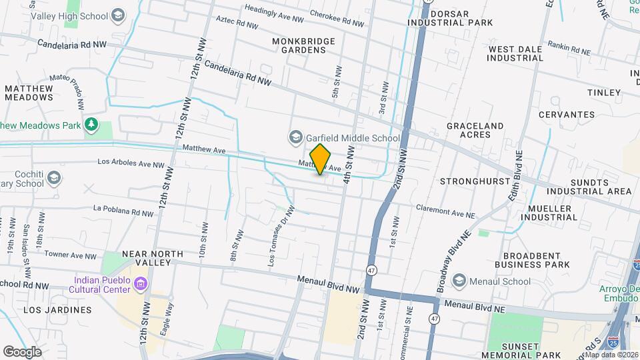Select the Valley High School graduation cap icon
coord(117,15)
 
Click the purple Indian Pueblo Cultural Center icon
coord(141,285)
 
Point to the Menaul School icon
coord(459,281)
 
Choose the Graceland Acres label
coord(475,130)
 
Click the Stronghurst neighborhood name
coord(470,181)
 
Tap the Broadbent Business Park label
coord(536,260)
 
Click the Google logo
coord(22,351)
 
